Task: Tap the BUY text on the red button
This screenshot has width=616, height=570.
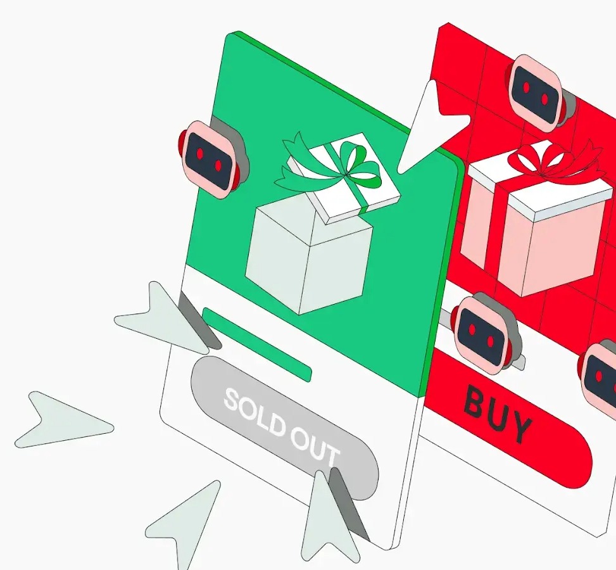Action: pyautogui.click(x=498, y=415)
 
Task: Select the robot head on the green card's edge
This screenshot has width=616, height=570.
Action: pyautogui.click(x=212, y=159)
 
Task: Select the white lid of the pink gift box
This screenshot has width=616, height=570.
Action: pyautogui.click(x=541, y=185)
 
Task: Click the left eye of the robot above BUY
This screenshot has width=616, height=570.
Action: pyautogui.click(x=472, y=329)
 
